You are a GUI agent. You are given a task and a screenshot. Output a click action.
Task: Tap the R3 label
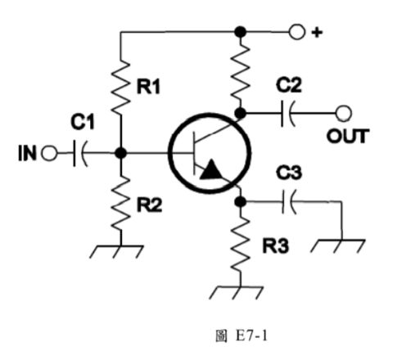pyautogui.click(x=274, y=244)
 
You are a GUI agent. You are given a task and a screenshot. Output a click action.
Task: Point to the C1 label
pyautogui.click(x=82, y=123)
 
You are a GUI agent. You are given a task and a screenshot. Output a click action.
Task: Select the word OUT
pyautogui.click(x=348, y=136)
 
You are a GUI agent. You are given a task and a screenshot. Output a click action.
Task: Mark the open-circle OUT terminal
pyautogui.click(x=346, y=113)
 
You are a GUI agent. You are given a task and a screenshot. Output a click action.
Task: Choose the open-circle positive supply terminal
pyautogui.click(x=296, y=33)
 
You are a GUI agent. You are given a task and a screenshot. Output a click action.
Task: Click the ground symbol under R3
pyautogui.click(x=240, y=290)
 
